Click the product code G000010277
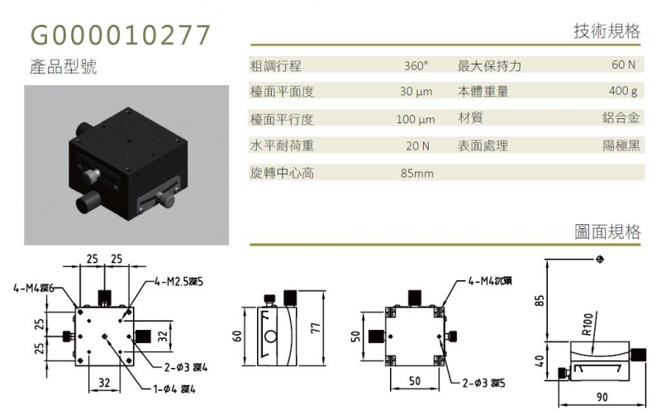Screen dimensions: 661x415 [120, 35]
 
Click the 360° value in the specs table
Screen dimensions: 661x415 [416, 66]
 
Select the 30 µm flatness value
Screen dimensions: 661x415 [416, 92]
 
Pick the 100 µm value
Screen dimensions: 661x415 [416, 119]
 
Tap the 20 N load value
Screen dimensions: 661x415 [418, 146]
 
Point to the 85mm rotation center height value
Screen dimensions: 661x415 [417, 174]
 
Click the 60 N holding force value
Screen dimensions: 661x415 [624, 64]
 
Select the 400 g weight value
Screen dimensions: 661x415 [623, 91]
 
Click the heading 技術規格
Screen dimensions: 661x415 [606, 31]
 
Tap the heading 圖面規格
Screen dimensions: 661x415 [607, 231]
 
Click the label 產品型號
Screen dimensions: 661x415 [64, 67]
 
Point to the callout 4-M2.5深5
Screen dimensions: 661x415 [178, 281]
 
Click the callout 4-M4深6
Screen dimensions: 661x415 [34, 288]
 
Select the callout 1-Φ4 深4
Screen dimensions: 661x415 [174, 389]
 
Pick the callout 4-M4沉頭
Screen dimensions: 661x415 [490, 280]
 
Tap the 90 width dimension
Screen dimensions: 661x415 [602, 397]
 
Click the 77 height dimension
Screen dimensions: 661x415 [316, 327]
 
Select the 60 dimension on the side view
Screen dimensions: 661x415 [237, 336]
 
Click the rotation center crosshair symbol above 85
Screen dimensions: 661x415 [601, 259]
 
